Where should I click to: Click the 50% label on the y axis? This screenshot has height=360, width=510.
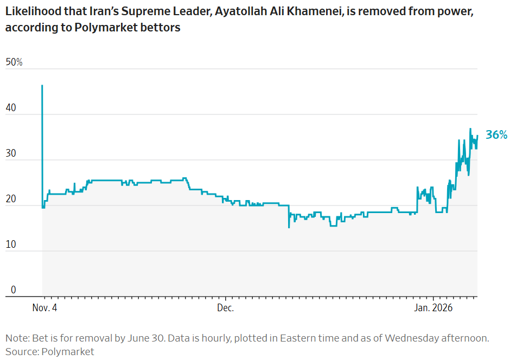[14, 62]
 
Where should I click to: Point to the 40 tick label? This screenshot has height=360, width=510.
[11, 108]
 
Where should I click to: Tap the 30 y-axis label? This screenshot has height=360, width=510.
[11, 153]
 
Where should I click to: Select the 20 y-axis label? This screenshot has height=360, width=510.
[11, 199]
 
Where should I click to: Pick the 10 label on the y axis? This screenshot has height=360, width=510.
[11, 245]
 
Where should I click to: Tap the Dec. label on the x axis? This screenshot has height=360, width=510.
[225, 308]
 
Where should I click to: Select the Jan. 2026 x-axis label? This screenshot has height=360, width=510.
[433, 308]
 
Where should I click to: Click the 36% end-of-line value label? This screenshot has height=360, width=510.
[496, 135]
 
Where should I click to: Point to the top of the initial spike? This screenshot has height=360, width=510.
[42, 86]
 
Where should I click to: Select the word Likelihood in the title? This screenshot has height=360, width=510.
[31, 12]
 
